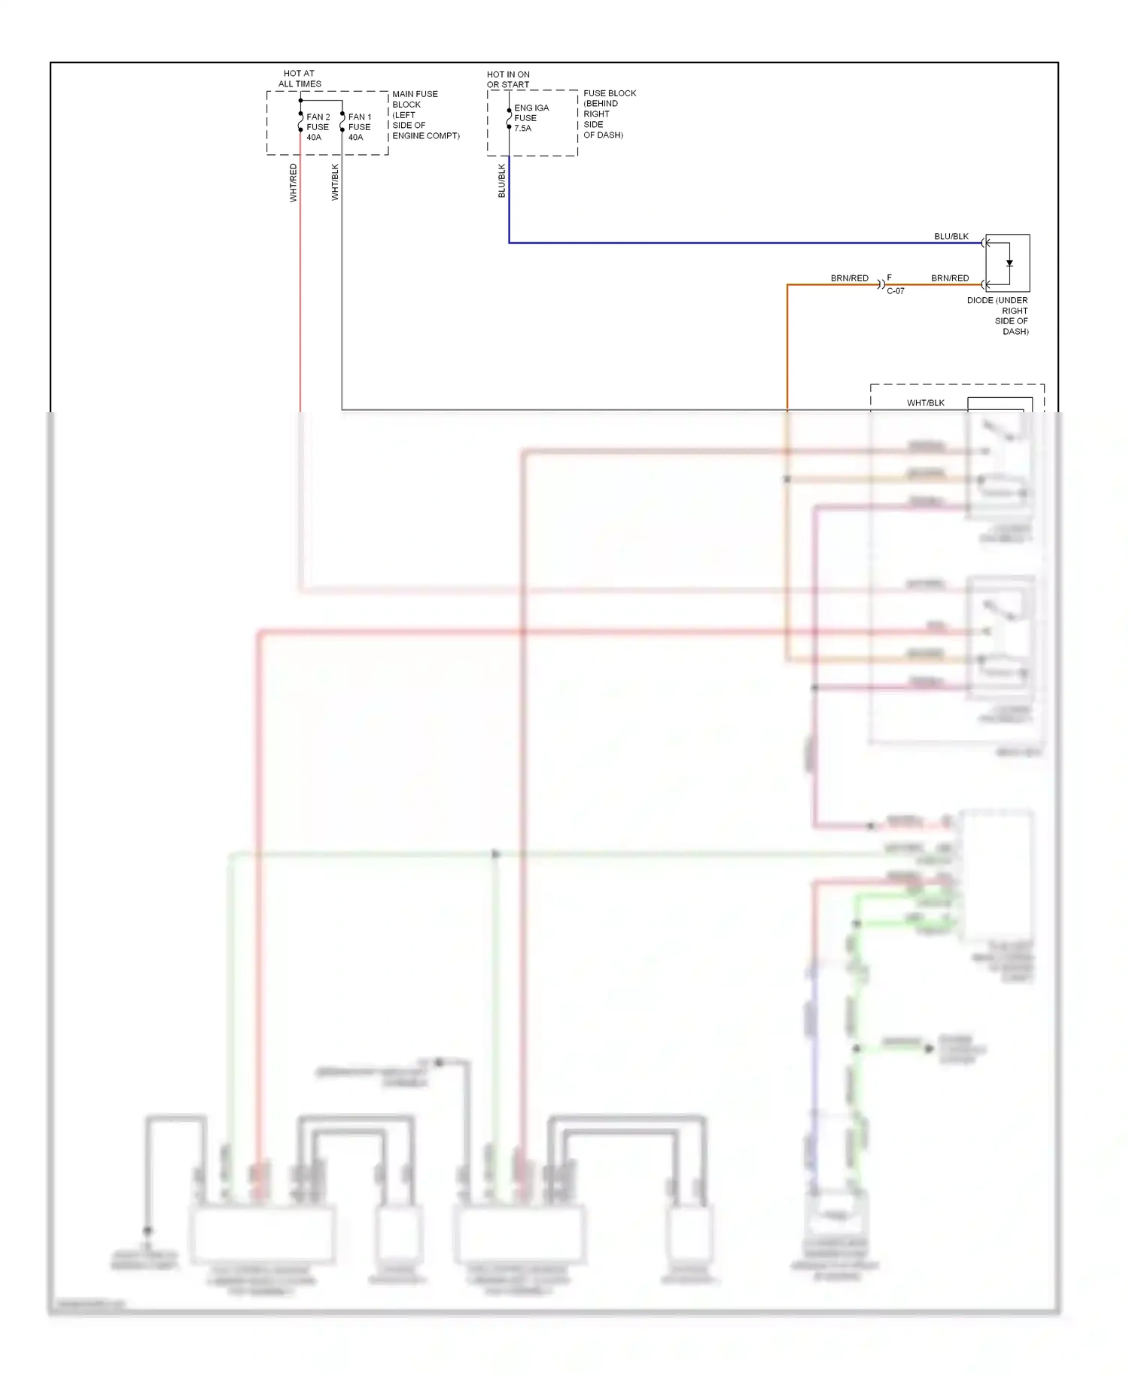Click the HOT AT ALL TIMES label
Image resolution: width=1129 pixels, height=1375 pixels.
pos(300,79)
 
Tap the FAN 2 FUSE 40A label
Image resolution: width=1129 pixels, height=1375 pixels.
pos(318,127)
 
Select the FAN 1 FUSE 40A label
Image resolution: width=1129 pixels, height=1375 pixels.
pos(359,127)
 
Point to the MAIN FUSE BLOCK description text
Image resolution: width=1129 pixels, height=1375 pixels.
pos(425,115)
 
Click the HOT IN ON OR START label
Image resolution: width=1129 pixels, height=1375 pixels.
pos(508,80)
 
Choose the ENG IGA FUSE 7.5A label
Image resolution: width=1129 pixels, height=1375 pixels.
pos(531,118)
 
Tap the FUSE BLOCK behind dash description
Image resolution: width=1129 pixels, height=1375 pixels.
pos(609,114)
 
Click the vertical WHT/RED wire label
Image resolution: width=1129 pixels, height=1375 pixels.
pos(294,183)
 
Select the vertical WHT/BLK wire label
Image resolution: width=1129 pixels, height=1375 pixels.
pos(335,182)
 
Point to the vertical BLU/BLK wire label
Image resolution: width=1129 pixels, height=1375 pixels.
pos(502,181)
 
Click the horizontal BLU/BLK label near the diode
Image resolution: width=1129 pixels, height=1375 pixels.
pos(951,236)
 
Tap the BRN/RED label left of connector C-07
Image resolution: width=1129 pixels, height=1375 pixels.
pos(849,278)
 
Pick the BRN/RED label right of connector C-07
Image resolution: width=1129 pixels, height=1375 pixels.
pos(950,278)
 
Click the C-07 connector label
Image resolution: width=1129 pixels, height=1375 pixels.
pos(896,291)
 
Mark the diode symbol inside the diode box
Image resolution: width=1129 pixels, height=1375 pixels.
pos(1009,263)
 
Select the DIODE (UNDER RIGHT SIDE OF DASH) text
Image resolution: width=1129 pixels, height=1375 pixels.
pos(998,316)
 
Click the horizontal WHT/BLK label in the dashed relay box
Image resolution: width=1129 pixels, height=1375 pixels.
pos(925,403)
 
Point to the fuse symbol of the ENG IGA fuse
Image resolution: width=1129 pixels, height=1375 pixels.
pos(510,119)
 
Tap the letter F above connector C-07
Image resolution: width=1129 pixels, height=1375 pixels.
pos(889,278)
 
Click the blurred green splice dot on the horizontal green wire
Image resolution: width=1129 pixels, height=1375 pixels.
pos(495,854)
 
